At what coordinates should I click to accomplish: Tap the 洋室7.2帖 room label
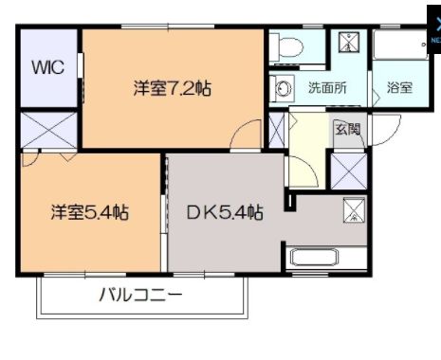click(171, 89)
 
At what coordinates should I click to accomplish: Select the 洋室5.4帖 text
click(89, 212)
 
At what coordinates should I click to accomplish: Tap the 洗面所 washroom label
click(326, 88)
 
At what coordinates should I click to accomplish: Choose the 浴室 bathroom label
click(399, 88)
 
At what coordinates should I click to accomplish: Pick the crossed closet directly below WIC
click(49, 130)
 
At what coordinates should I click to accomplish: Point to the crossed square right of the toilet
click(348, 42)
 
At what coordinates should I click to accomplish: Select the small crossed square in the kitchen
click(353, 209)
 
